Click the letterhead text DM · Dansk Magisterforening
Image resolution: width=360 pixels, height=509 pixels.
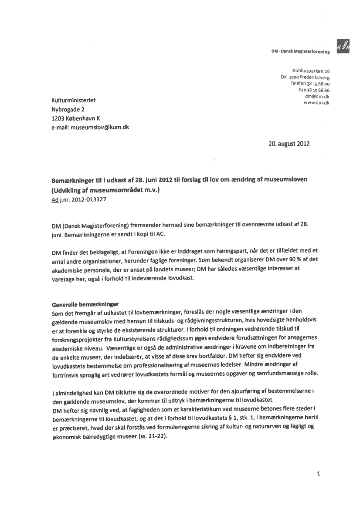(x=300, y=52)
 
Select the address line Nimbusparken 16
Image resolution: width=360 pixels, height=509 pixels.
(x=310, y=71)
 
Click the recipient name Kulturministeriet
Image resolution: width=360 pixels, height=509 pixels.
(x=73, y=101)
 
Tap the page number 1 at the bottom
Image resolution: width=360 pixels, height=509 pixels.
(x=319, y=474)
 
